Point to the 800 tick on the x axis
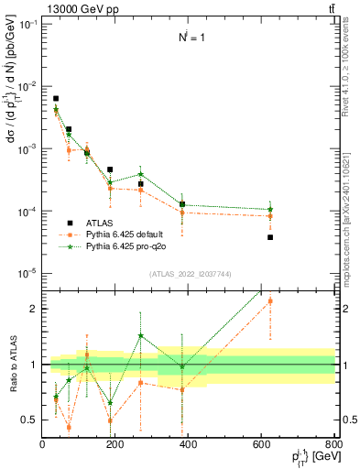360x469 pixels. [x=333, y=445]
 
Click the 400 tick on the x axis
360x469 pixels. [x=188, y=445]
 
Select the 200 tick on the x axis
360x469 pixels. [x=115, y=445]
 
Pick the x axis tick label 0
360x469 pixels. [x=43, y=445]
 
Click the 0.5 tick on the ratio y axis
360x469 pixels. [x=31, y=420]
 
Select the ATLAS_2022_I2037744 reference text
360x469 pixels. [x=189, y=274]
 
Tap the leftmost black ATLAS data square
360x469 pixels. [x=56, y=98]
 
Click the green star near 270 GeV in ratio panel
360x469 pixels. [x=141, y=335]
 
